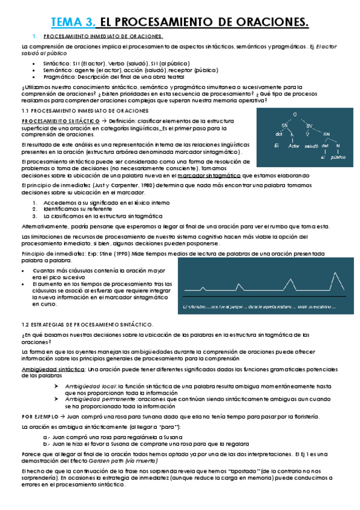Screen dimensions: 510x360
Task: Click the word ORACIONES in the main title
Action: [x=270, y=23]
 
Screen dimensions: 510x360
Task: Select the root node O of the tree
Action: [x=294, y=114]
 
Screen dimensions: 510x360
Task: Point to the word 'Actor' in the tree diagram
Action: [x=294, y=146]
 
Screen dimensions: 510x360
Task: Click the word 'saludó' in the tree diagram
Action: [x=311, y=146]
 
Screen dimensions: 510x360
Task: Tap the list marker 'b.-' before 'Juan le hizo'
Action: [x=47, y=441]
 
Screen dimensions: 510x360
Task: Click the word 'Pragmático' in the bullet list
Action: [x=56, y=77]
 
